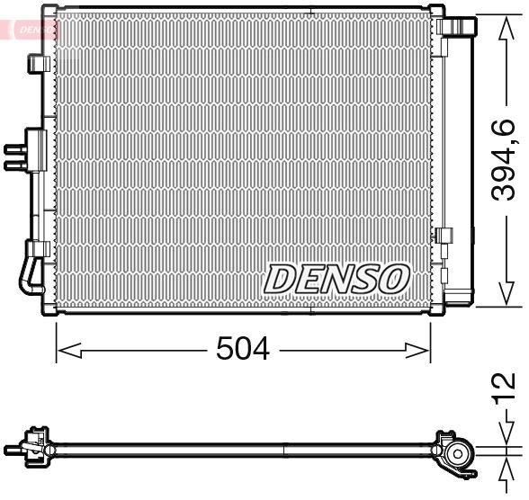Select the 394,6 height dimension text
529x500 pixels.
506,160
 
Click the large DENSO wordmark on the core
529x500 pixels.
336,280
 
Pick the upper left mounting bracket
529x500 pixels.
38,64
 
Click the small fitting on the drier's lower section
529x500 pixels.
444,237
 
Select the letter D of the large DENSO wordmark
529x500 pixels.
282,280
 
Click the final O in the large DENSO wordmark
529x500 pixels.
392,280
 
